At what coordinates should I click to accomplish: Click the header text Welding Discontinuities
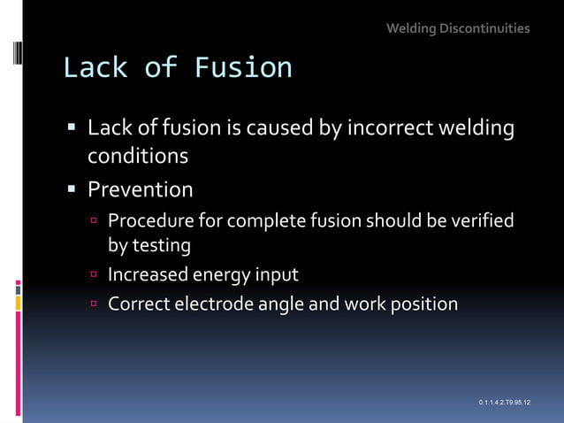458,28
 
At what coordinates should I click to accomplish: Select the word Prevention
140,189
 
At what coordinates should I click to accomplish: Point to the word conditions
137,156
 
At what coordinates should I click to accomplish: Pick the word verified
484,220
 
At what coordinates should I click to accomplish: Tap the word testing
161,245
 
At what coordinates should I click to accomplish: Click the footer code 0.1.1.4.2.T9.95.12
504,403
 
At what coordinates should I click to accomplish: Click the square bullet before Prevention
72,189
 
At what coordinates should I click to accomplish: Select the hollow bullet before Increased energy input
92,275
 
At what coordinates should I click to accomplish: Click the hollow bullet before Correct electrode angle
92,304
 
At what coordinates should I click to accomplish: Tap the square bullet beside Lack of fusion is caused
72,129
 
